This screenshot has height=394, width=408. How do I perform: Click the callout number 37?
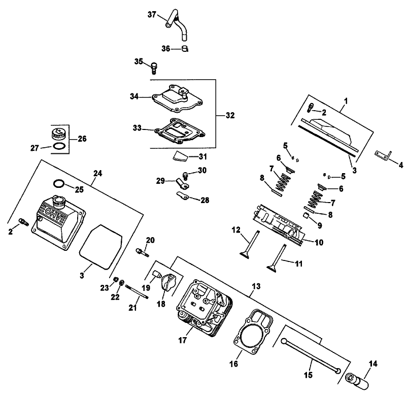(152, 15)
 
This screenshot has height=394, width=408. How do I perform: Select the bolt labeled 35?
(154, 67)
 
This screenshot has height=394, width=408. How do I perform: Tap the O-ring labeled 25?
(59, 183)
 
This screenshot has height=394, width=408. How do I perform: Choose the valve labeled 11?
(277, 264)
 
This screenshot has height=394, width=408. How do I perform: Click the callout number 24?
(98, 173)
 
